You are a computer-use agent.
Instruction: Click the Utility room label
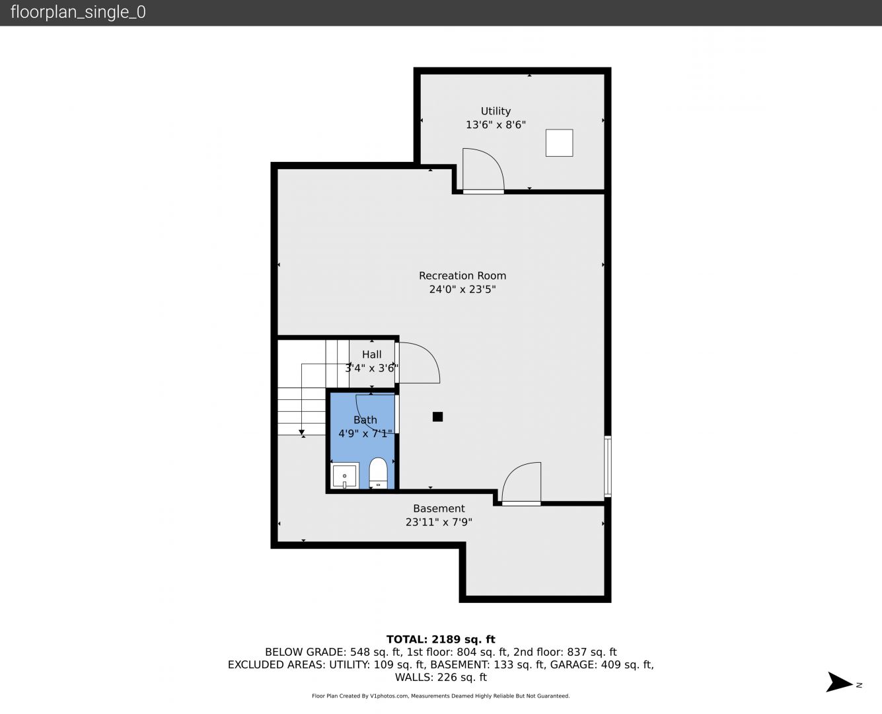tap(496, 111)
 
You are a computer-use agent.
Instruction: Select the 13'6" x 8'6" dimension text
tap(496, 125)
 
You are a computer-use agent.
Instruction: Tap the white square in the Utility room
tap(559, 143)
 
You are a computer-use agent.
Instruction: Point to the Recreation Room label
tap(462, 276)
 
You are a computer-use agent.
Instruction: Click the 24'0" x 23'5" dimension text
tap(462, 290)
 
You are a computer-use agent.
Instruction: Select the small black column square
tap(437, 416)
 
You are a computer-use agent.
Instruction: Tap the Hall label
tap(371, 354)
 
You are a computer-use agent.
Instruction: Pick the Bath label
tap(365, 420)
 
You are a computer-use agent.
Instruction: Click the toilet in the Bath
tap(378, 473)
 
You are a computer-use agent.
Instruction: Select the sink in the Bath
tap(344, 476)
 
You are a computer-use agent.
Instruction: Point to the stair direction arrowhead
tap(301, 432)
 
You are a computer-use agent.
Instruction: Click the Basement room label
tap(439, 508)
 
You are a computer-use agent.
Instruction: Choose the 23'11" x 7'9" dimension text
tap(439, 522)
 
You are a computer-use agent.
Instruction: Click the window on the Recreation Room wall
tap(607, 466)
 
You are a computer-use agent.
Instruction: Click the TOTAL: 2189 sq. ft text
tap(441, 639)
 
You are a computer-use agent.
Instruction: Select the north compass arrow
tap(839, 682)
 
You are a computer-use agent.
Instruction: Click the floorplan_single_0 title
tap(78, 13)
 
